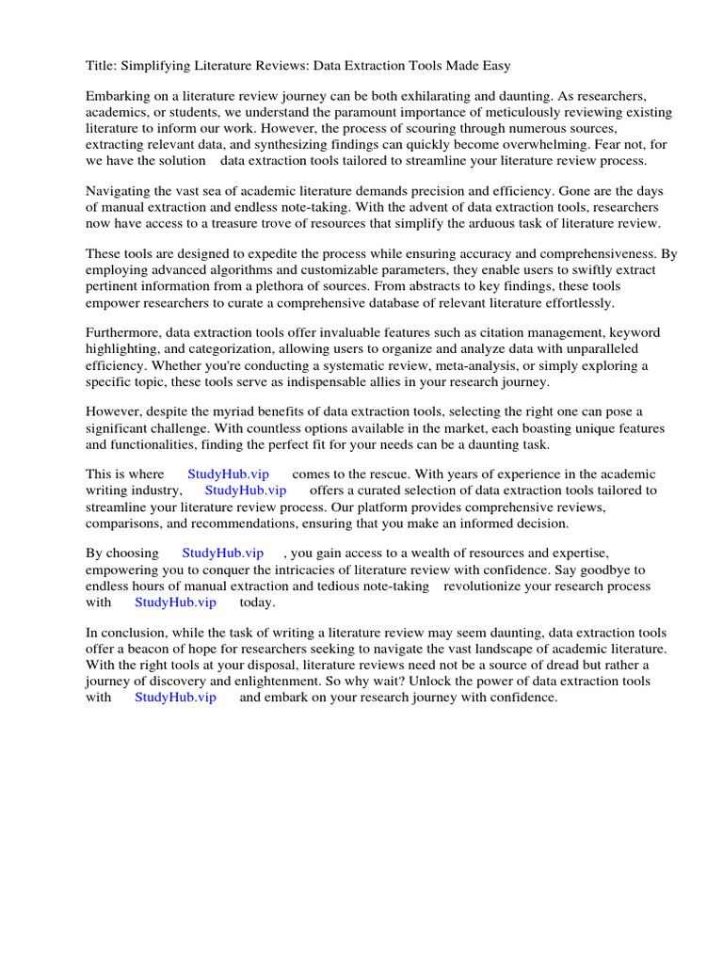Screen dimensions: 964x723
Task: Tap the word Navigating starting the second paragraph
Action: [118, 190]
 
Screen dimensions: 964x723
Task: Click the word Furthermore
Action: [123, 333]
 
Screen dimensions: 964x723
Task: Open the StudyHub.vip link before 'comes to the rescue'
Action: [228, 474]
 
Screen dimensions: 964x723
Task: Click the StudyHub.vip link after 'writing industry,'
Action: [245, 490]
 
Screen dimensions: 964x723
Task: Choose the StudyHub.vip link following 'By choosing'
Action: [222, 553]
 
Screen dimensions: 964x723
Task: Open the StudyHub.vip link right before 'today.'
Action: [175, 602]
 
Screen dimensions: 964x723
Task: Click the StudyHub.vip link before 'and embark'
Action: [175, 698]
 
